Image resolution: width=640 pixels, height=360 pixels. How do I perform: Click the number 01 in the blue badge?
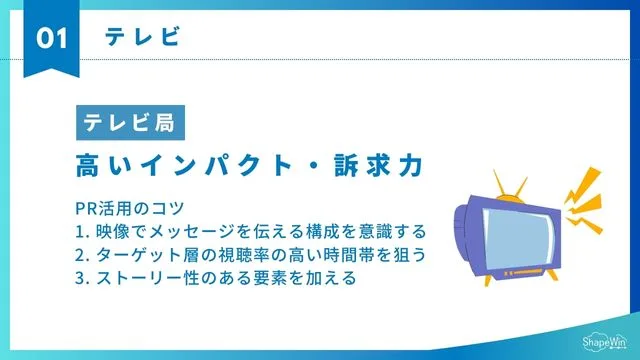(51, 38)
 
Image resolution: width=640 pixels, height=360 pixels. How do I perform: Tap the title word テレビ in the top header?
(142, 37)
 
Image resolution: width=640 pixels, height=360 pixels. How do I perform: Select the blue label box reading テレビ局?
(128, 124)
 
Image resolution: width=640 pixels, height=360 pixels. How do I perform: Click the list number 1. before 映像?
(81, 232)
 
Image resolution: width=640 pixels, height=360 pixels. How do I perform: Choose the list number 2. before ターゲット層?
(81, 255)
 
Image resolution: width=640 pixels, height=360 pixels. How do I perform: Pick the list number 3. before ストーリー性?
(81, 278)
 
